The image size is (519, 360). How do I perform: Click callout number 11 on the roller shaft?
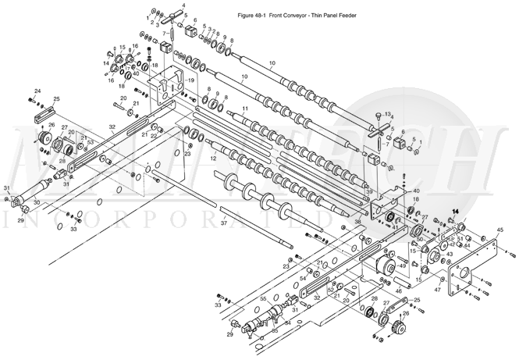click(244, 109)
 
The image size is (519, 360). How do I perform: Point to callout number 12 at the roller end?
click(213, 159)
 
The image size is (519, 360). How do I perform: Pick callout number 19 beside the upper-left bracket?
click(190, 81)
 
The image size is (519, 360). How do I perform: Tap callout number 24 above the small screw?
click(37, 92)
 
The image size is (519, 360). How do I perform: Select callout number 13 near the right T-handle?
click(388, 114)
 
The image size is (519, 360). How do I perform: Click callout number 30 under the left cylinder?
click(36, 203)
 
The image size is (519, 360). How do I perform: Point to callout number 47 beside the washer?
click(438, 290)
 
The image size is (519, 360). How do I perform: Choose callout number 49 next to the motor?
click(402, 266)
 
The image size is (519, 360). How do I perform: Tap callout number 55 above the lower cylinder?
click(263, 299)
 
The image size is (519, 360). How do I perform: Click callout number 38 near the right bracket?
click(357, 223)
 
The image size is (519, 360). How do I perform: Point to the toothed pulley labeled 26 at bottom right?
click(399, 326)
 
